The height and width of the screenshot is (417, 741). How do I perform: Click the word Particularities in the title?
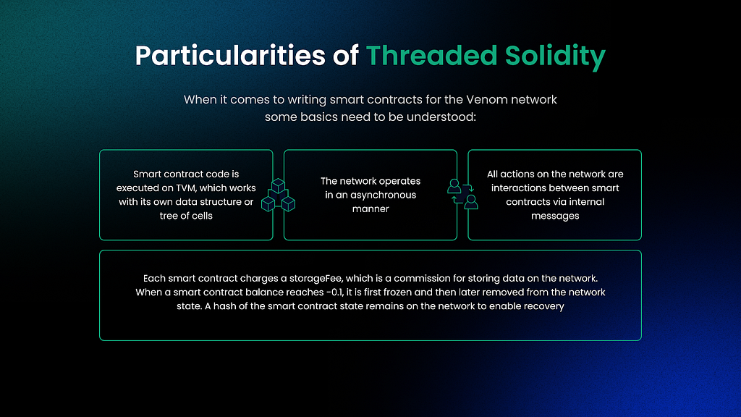point(230,56)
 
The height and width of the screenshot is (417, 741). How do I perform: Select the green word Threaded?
point(431,55)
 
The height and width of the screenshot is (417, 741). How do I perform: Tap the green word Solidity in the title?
point(555,56)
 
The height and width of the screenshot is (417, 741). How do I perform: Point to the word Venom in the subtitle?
point(487,100)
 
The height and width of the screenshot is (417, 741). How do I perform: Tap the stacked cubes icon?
point(279,195)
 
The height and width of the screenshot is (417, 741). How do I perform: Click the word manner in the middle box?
point(370,208)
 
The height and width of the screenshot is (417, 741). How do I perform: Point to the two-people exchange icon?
point(462,194)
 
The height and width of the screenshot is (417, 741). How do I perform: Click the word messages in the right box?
point(555,216)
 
